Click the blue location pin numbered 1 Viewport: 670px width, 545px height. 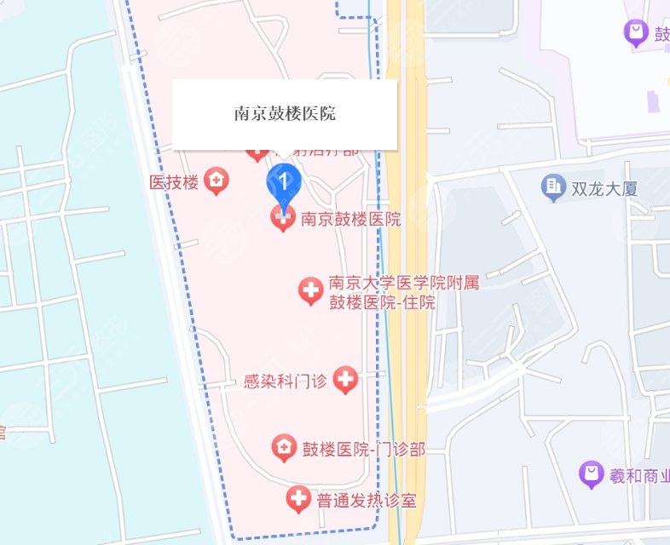284,181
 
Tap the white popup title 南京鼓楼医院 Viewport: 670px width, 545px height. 285,113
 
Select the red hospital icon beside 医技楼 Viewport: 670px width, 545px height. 217,181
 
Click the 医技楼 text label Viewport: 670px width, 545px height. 174,181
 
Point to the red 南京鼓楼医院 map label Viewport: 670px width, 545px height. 350,219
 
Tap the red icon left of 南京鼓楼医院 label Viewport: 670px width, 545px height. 283,219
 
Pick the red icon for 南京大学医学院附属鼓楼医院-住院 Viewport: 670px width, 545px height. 310,292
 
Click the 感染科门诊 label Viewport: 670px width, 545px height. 285,381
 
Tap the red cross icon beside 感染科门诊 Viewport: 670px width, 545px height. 345,380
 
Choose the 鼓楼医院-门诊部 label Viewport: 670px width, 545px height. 363,448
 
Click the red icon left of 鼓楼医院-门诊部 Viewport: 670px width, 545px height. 284,447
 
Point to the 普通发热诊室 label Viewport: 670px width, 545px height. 367,500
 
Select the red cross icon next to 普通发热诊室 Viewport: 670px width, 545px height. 297,499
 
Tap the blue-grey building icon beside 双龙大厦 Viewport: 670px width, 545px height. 554,186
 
